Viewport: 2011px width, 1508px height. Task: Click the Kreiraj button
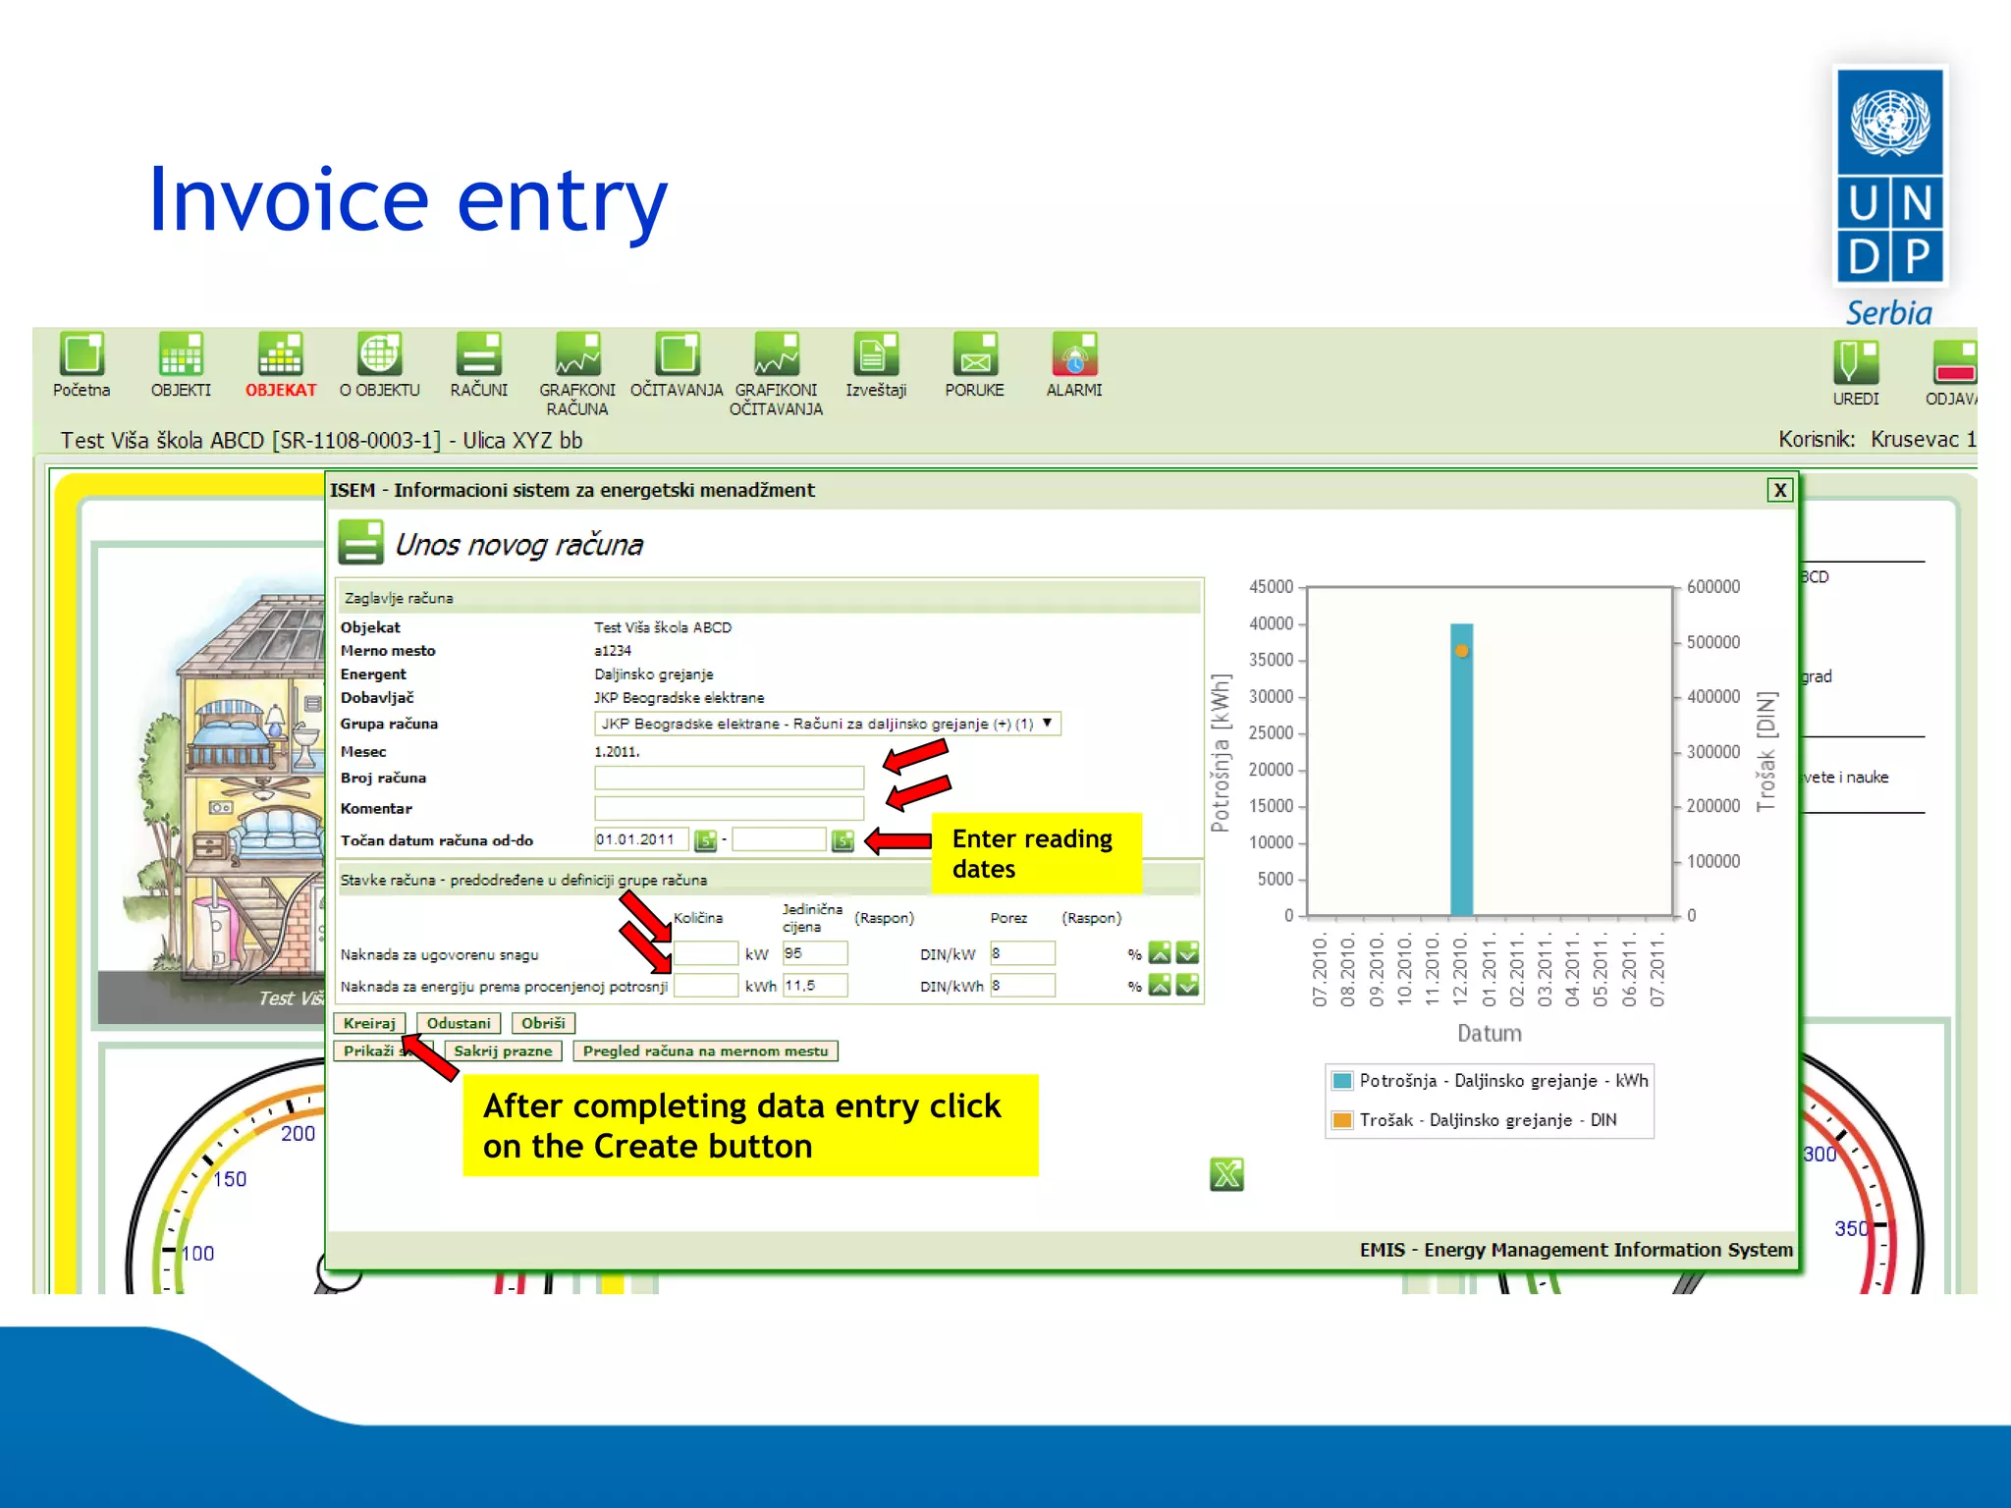pyautogui.click(x=369, y=1023)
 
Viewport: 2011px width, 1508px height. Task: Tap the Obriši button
pyautogui.click(x=543, y=1023)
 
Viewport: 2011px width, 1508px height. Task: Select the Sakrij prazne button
pyautogui.click(x=503, y=1050)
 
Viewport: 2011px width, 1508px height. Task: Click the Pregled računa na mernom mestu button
pyautogui.click(x=705, y=1050)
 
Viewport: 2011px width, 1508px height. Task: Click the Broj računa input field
pyautogui.click(x=729, y=779)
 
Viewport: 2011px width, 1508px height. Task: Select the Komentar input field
pyautogui.click(x=729, y=809)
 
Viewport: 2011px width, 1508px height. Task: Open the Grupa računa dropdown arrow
pyautogui.click(x=1047, y=724)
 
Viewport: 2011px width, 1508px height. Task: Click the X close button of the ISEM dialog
pyautogui.click(x=1779, y=490)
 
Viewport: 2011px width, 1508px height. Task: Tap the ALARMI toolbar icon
pyautogui.click(x=1074, y=355)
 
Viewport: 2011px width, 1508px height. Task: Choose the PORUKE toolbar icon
pyautogui.click(x=975, y=355)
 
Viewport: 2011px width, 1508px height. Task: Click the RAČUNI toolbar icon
pyautogui.click(x=479, y=355)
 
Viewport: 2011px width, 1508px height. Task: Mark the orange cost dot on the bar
pyautogui.click(x=1462, y=651)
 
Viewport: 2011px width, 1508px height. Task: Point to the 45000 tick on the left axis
pyautogui.click(x=1272, y=587)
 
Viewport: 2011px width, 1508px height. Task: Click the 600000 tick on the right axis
pyautogui.click(x=1712, y=587)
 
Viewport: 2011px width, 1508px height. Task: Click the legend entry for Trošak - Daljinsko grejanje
pyautogui.click(x=1488, y=1120)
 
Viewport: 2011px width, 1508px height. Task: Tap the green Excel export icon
pyautogui.click(x=1226, y=1174)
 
